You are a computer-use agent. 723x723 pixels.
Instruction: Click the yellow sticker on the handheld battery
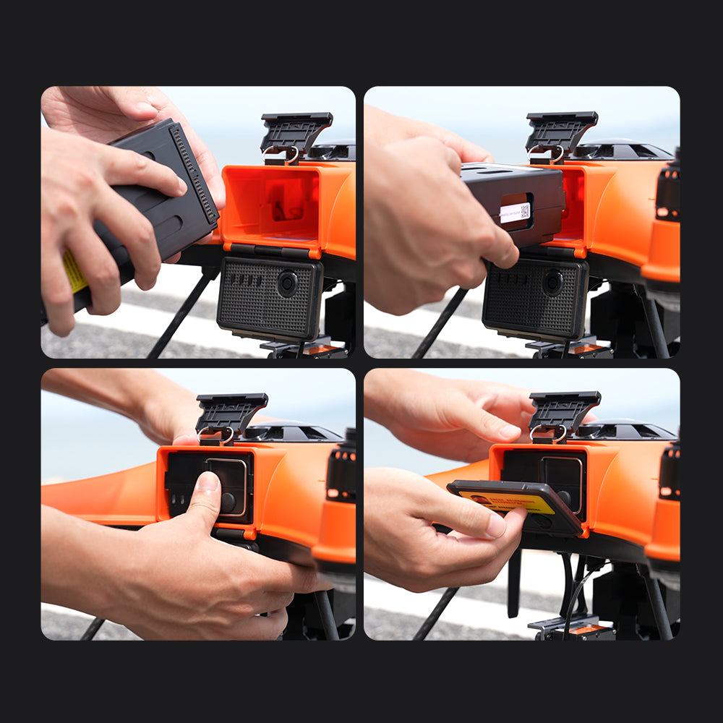74,272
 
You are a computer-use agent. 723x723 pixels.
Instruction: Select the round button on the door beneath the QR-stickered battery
553,281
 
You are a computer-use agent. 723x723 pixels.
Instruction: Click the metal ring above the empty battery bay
292,154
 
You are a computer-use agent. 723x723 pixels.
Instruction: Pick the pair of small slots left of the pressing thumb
176,498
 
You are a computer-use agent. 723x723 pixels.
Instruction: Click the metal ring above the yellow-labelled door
559,433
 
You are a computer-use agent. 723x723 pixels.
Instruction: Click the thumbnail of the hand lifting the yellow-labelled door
495,526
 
